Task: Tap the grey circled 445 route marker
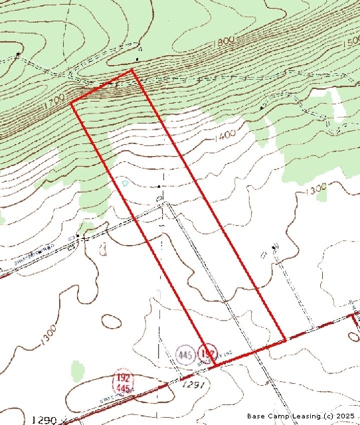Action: point(186,355)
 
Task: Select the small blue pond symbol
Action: point(124,181)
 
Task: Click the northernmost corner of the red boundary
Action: point(132,69)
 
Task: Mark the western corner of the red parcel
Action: point(71,102)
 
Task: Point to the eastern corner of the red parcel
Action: point(286,341)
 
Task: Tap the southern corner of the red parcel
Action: point(215,365)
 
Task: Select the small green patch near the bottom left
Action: point(78,369)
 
